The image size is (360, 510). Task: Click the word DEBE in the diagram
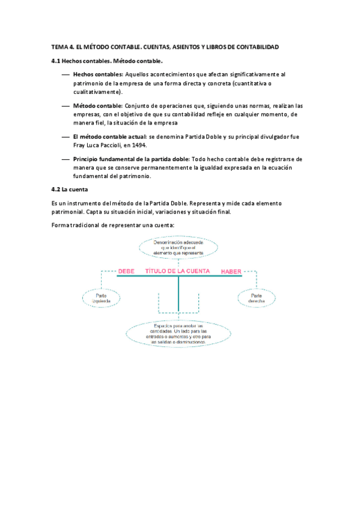click(x=126, y=271)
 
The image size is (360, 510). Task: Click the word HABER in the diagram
click(x=231, y=272)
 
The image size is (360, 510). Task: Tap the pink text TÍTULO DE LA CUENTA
click(x=177, y=271)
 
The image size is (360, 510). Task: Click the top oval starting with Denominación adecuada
click(x=178, y=247)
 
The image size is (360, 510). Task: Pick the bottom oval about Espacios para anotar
click(x=178, y=333)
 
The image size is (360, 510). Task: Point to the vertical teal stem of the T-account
click(x=178, y=295)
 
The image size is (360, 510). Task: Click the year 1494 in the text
click(x=138, y=145)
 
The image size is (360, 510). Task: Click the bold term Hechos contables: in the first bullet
click(x=98, y=74)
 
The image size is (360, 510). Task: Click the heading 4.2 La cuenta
click(x=70, y=189)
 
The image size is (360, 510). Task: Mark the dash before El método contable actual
click(x=65, y=137)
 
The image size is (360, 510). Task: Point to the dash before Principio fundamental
click(x=65, y=159)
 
